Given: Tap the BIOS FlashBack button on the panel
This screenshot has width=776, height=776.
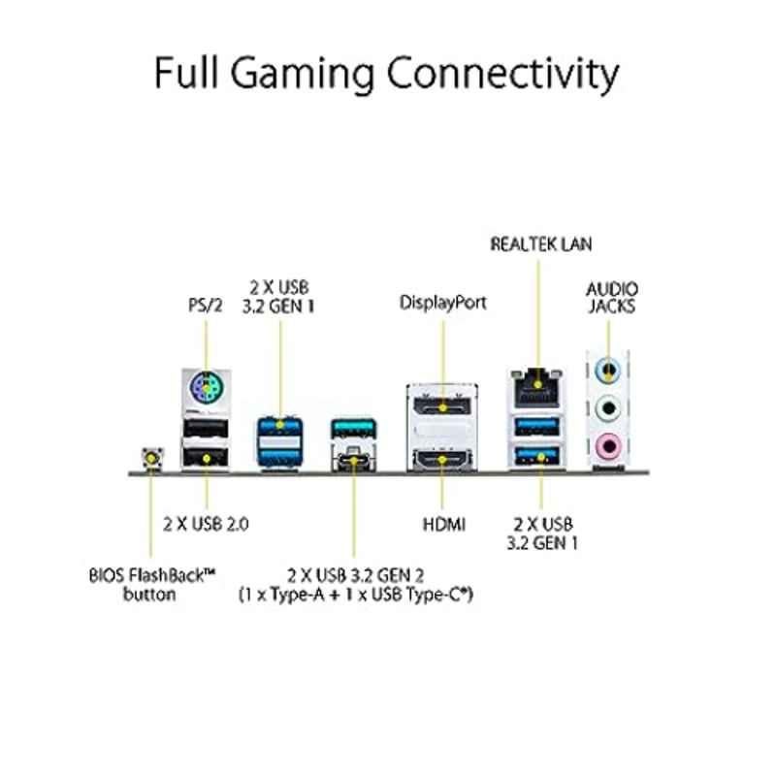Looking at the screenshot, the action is (x=152, y=458).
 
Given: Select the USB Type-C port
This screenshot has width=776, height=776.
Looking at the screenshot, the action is (x=353, y=459).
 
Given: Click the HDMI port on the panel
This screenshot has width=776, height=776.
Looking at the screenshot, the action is (x=442, y=460).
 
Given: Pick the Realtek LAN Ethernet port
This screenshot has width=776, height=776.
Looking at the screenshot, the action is (x=537, y=389).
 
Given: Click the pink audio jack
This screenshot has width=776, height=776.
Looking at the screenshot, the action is (x=609, y=446).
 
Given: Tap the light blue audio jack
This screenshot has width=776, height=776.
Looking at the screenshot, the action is (x=608, y=370).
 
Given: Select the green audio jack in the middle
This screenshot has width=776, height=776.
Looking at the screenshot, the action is (x=608, y=408).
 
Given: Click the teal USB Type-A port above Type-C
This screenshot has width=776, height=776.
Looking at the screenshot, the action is (x=353, y=429).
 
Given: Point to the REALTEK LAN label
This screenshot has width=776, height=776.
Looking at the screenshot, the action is (x=541, y=244).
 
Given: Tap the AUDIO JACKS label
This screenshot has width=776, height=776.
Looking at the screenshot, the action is (x=612, y=298).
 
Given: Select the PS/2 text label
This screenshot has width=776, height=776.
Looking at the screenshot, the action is (x=206, y=305).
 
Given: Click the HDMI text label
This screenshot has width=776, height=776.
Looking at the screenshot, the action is (x=444, y=524).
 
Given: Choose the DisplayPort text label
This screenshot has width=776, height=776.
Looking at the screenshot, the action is (x=443, y=303).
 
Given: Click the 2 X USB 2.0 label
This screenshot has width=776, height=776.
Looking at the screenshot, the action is (x=206, y=524).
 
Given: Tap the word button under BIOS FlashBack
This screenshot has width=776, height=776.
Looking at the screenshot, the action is (x=149, y=594).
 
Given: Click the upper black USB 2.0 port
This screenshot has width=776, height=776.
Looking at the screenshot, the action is (x=206, y=428).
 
